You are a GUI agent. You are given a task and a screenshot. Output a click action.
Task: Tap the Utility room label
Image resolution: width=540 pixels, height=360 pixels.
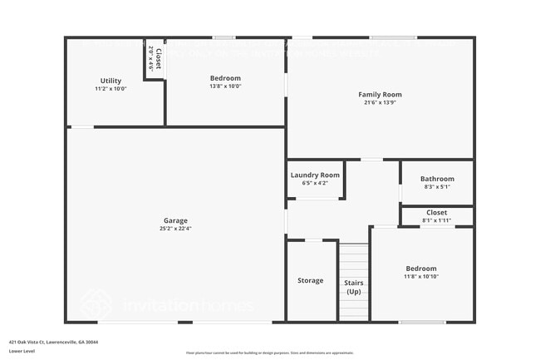(x=110, y=81)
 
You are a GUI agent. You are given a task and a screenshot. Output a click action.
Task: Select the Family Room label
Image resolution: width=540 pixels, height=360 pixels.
(x=380, y=94)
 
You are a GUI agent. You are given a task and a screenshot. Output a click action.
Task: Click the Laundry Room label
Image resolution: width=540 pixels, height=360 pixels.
(x=315, y=175)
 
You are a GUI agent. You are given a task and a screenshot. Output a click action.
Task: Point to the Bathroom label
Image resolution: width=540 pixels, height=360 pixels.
(x=437, y=179)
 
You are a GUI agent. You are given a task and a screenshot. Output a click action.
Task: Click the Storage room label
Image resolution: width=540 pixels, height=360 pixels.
(x=311, y=280)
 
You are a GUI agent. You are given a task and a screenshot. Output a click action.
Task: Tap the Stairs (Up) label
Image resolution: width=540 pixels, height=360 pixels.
(x=354, y=287)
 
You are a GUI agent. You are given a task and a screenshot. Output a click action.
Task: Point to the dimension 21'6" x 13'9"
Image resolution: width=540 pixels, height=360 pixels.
(x=380, y=102)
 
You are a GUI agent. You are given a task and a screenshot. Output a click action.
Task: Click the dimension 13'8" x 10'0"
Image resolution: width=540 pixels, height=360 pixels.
(x=225, y=86)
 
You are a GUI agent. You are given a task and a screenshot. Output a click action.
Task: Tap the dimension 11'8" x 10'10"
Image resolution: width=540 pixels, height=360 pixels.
(x=421, y=276)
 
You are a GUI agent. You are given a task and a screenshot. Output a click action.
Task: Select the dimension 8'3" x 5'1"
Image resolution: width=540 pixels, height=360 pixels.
(x=437, y=187)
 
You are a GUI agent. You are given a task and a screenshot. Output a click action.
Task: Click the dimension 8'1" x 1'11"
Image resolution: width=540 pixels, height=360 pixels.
(x=437, y=220)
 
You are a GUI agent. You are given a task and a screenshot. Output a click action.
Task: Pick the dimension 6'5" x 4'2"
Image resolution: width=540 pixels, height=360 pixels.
(x=315, y=183)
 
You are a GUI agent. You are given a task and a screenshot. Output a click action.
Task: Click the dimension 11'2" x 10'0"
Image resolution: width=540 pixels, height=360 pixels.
(x=110, y=88)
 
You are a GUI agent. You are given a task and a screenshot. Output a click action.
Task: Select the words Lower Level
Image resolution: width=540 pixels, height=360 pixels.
(x=22, y=351)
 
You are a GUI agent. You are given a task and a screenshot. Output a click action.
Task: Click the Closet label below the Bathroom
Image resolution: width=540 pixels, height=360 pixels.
(x=437, y=213)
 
